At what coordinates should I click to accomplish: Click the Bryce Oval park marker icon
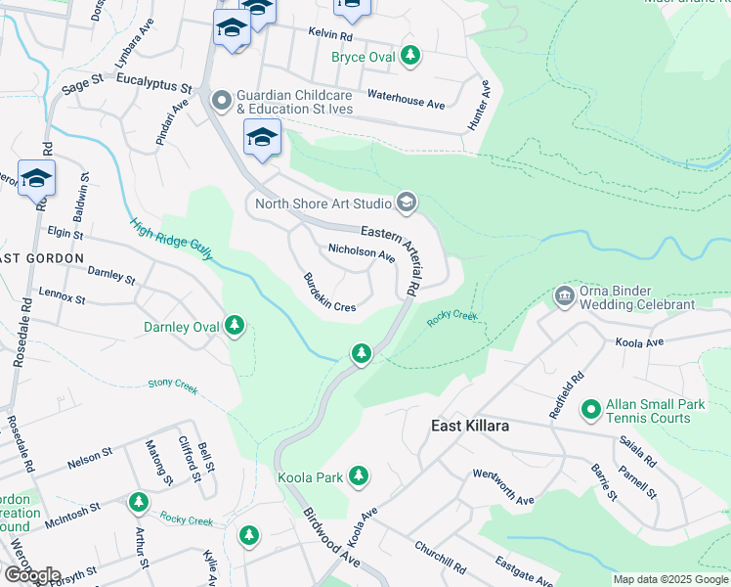[x=411, y=57]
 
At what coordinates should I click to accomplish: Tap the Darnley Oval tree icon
[x=234, y=326]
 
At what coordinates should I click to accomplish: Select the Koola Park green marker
[x=360, y=477]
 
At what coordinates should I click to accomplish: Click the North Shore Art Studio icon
[x=406, y=203]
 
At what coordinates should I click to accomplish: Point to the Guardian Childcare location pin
[x=222, y=100]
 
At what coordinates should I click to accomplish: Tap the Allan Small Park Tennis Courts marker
[x=590, y=410]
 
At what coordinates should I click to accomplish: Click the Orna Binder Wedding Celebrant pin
[x=563, y=295]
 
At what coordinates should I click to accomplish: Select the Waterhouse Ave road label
[x=406, y=98]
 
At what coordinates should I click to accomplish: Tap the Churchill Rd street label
[x=440, y=557]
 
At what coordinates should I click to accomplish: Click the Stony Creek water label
[x=173, y=388]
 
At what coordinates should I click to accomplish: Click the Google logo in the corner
[x=32, y=575]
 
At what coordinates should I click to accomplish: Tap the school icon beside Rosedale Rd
[x=36, y=179]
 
